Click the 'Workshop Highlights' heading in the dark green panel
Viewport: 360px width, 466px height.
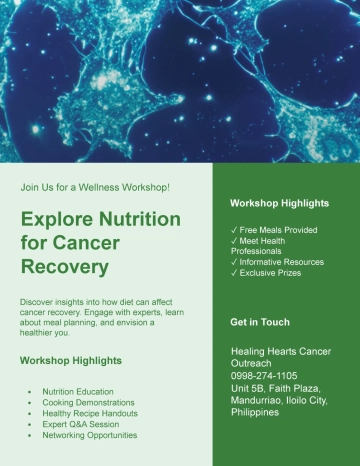[279, 203]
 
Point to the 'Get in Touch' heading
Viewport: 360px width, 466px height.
[260, 322]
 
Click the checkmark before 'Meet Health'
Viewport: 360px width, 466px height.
[234, 241]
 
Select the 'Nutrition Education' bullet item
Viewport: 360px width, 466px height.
[85, 391]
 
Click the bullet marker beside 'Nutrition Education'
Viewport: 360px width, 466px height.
[33, 391]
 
